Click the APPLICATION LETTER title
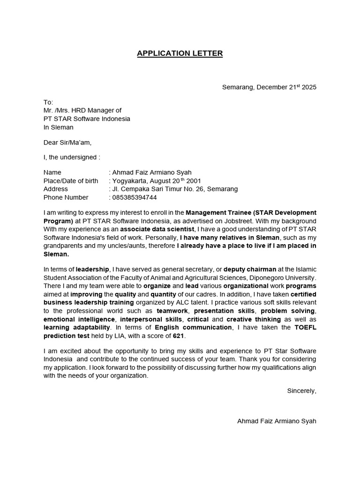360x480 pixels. [x=180, y=53]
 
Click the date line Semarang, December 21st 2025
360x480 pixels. [x=269, y=87]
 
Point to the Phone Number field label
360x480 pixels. [x=66, y=197]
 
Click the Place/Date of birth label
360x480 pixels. [x=71, y=181]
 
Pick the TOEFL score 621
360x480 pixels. [x=178, y=336]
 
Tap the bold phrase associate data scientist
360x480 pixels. [x=157, y=229]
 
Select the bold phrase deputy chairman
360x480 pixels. [x=250, y=269]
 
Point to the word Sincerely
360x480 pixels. [x=301, y=390]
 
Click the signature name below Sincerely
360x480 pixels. [x=277, y=421]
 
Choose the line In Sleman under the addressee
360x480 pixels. [x=59, y=127]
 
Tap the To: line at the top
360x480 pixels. [x=48, y=102]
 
